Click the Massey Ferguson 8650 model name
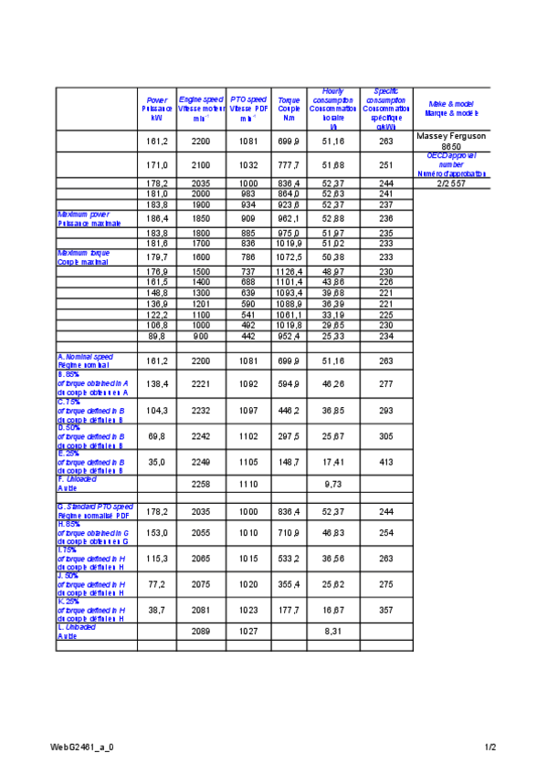[x=451, y=141]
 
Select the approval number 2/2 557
[x=451, y=183]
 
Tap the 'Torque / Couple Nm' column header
[x=289, y=109]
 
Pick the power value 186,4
[x=157, y=219]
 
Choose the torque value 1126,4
[x=289, y=272]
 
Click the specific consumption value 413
[x=386, y=463]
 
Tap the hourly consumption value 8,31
[x=333, y=631]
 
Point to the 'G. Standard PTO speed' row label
[x=95, y=510]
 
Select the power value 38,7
[x=157, y=609]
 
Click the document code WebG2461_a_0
[x=82, y=747]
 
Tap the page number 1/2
[x=490, y=747]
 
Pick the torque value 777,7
[x=289, y=165]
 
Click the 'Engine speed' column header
[x=201, y=109]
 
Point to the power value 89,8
[x=157, y=335]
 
